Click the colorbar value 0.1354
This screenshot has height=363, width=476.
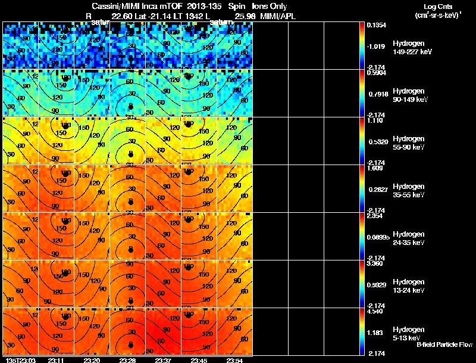point(376,25)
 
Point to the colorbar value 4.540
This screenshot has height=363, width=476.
point(376,311)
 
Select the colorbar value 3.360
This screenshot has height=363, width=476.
point(376,263)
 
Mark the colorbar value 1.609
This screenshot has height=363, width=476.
point(376,168)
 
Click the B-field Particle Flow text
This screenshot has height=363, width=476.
point(444,345)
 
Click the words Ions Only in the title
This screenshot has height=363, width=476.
point(264,7)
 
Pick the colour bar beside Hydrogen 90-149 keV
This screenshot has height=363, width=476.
point(363,93)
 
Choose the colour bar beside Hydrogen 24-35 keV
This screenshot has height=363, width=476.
point(363,236)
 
